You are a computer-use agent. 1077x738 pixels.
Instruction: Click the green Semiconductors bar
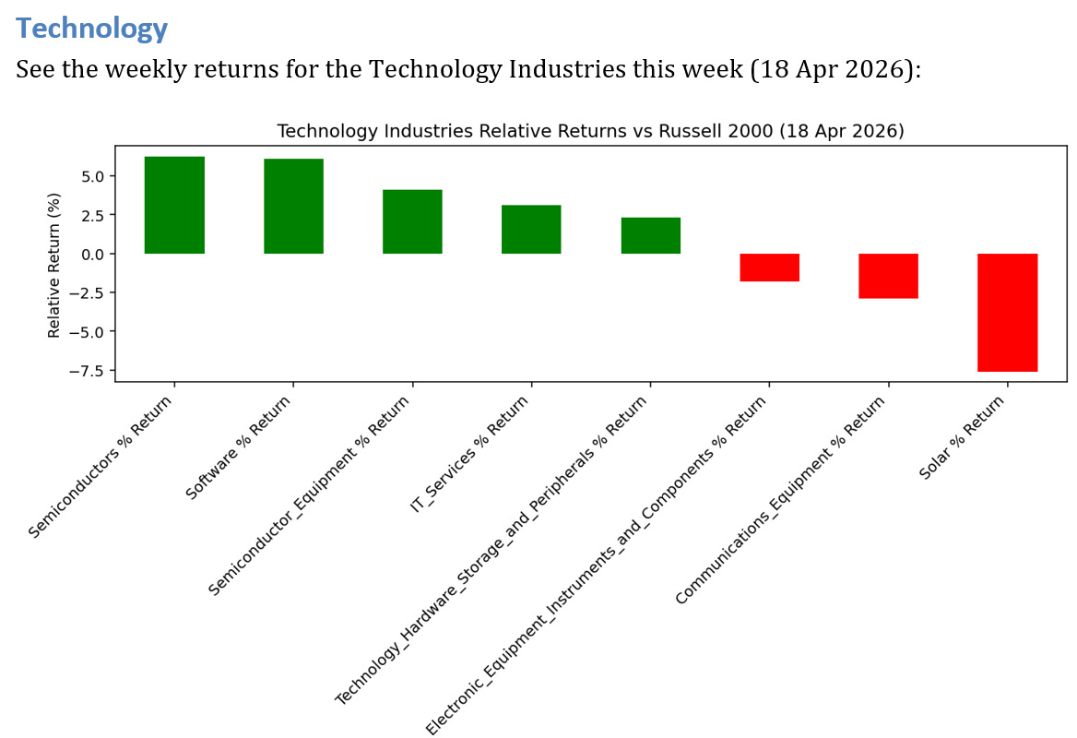[174, 206]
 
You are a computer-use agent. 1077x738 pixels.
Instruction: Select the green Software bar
[293, 206]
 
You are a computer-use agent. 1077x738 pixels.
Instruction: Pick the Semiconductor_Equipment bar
[412, 222]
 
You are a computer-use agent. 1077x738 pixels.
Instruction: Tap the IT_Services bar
[531, 230]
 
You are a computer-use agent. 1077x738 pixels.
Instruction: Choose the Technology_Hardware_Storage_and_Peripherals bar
[650, 235]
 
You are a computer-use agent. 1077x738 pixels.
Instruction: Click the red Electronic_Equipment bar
[769, 268]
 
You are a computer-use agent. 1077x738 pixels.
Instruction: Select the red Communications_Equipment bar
[888, 276]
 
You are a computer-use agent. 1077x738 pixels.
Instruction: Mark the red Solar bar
[1008, 313]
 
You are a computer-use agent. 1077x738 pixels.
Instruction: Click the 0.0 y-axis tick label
[93, 255]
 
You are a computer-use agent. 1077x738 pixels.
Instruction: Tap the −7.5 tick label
[87, 371]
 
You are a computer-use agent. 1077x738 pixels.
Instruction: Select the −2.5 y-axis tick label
[87, 293]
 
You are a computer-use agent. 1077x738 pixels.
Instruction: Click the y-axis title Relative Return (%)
[53, 266]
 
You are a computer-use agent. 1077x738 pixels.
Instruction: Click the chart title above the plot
[591, 131]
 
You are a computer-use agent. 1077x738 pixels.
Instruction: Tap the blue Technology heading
[92, 29]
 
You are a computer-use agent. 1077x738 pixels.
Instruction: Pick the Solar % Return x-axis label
[962, 437]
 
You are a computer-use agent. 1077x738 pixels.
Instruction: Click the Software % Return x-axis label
[238, 448]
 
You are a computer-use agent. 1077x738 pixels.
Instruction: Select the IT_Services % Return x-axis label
[470, 454]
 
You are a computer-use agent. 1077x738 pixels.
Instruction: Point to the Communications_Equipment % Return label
[780, 500]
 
